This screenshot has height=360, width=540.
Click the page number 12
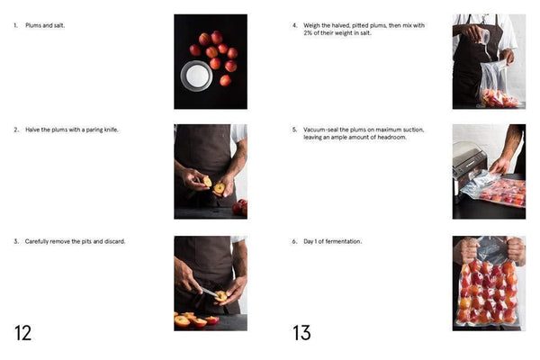click(x=22, y=332)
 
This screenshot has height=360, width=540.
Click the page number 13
click(x=301, y=332)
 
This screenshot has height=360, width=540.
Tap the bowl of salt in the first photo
click(x=196, y=75)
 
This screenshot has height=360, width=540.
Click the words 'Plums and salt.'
click(x=44, y=25)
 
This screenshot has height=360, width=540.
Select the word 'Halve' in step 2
click(x=31, y=130)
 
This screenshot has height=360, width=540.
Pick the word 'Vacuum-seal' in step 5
click(x=320, y=130)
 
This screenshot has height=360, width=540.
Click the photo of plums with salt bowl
click(x=210, y=61)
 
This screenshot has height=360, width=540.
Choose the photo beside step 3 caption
click(x=210, y=283)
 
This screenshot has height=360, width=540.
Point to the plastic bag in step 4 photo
click(x=497, y=83)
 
